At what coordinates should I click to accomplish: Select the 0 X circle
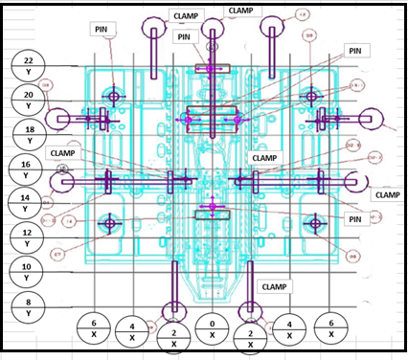point(212,331)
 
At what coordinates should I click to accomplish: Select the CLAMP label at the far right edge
point(387,194)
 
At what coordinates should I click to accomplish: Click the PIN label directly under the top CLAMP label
point(186,36)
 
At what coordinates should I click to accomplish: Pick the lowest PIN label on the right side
point(353,219)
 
